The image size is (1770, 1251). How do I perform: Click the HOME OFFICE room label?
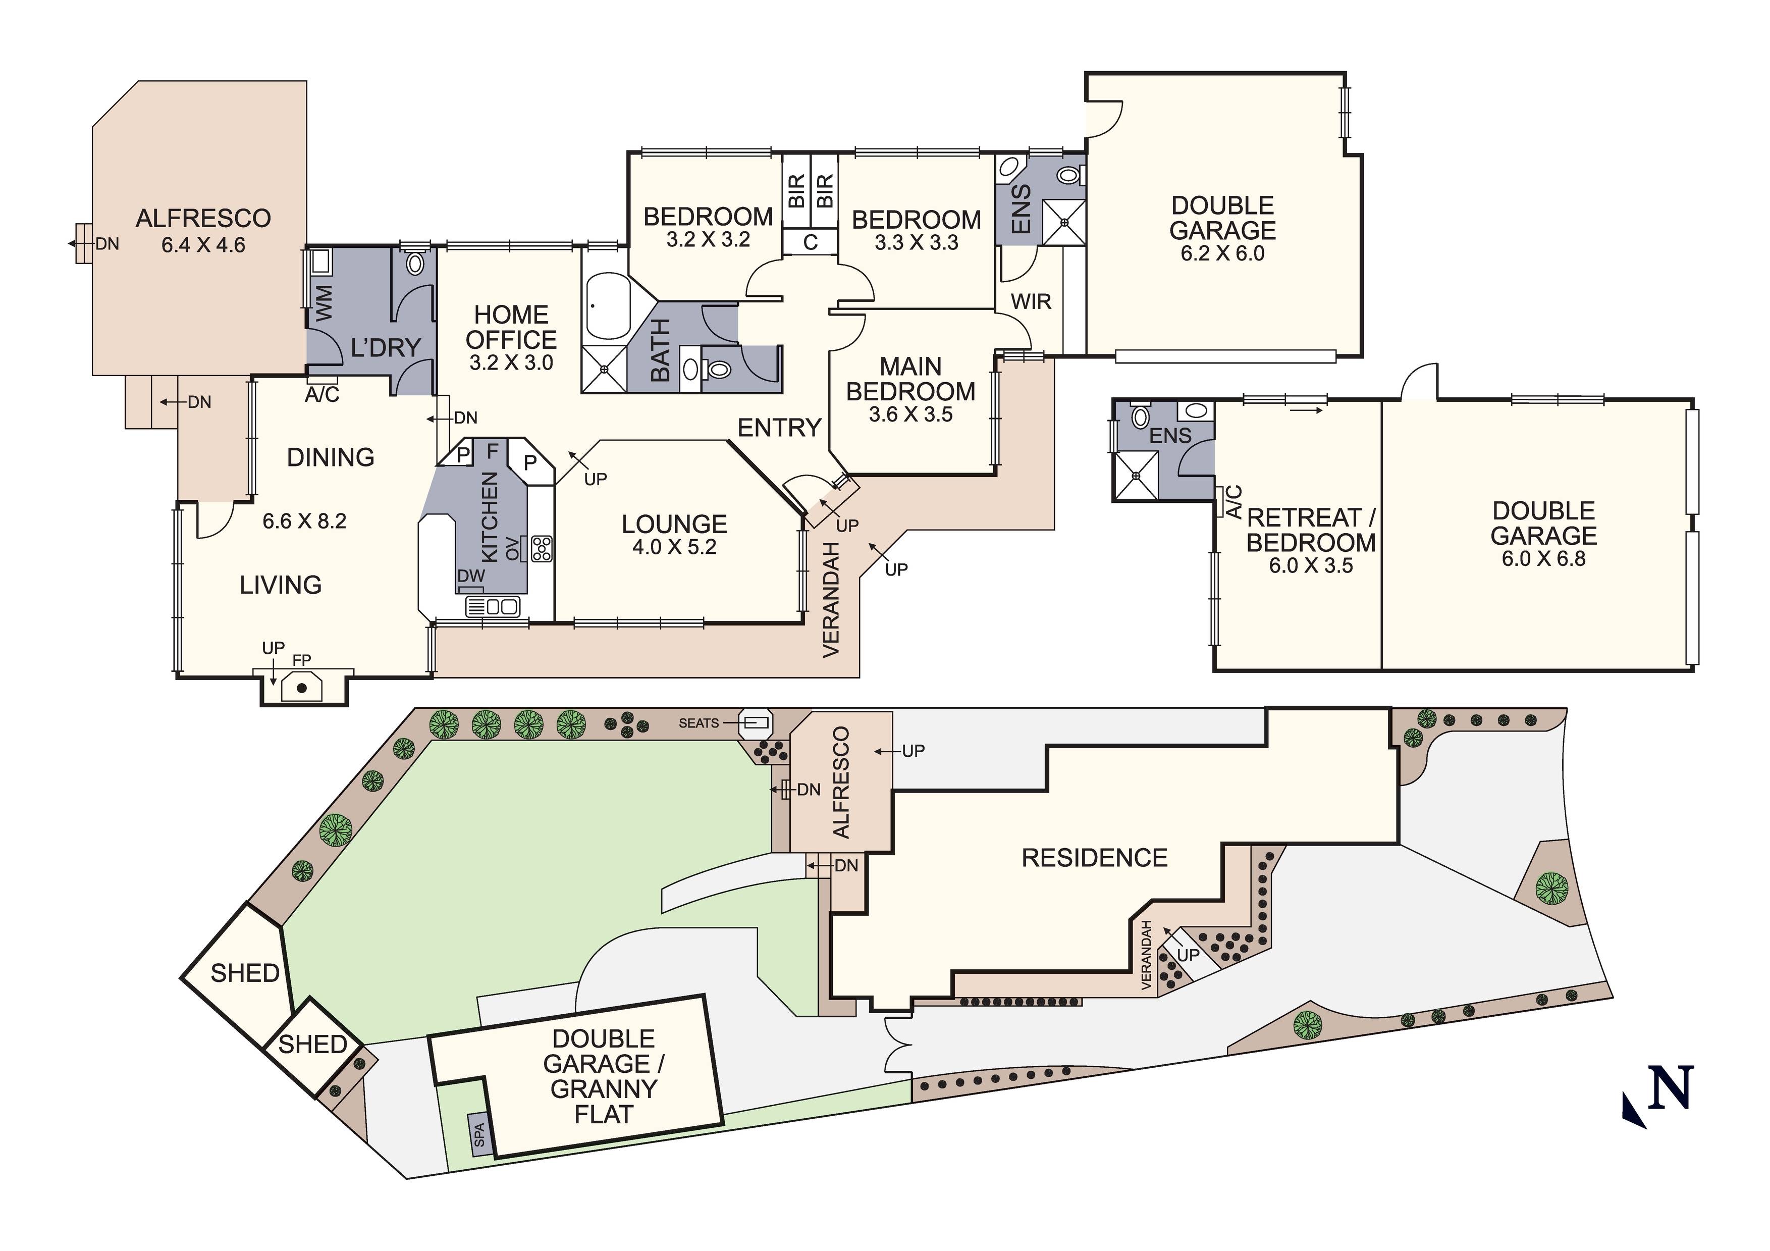[x=511, y=327]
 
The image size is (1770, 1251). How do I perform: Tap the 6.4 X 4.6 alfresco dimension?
[x=203, y=245]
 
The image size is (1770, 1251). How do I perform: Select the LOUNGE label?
[x=675, y=525]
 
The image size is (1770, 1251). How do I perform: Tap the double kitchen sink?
[x=494, y=607]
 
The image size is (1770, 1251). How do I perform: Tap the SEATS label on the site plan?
[x=699, y=723]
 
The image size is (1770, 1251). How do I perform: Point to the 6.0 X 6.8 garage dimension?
[x=1543, y=558]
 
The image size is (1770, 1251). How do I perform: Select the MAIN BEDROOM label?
[x=910, y=379]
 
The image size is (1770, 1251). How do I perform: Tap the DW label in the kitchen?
[x=471, y=576]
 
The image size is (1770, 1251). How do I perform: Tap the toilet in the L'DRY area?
[x=415, y=262]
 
